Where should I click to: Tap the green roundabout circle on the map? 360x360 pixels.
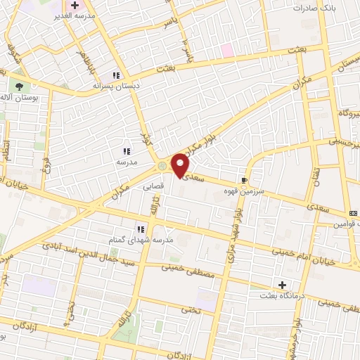tap(163, 166)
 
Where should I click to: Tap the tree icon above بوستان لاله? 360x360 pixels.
tap(20, 87)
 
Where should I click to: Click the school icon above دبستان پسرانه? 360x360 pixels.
tap(117, 75)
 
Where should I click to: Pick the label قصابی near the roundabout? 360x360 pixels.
tap(155, 188)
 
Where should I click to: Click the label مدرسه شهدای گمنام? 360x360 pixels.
tap(149, 240)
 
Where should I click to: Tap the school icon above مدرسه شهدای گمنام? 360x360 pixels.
tap(141, 229)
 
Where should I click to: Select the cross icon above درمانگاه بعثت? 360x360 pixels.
tap(283, 285)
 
